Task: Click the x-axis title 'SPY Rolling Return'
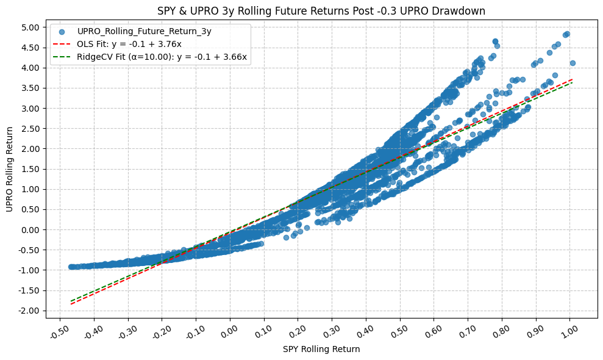[321, 350]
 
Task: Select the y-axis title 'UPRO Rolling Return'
[10, 169]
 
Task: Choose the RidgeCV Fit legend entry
[162, 57]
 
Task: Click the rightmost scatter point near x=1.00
[573, 63]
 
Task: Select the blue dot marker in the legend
[62, 31]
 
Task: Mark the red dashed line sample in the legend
[62, 44]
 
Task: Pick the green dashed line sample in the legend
[62, 57]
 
